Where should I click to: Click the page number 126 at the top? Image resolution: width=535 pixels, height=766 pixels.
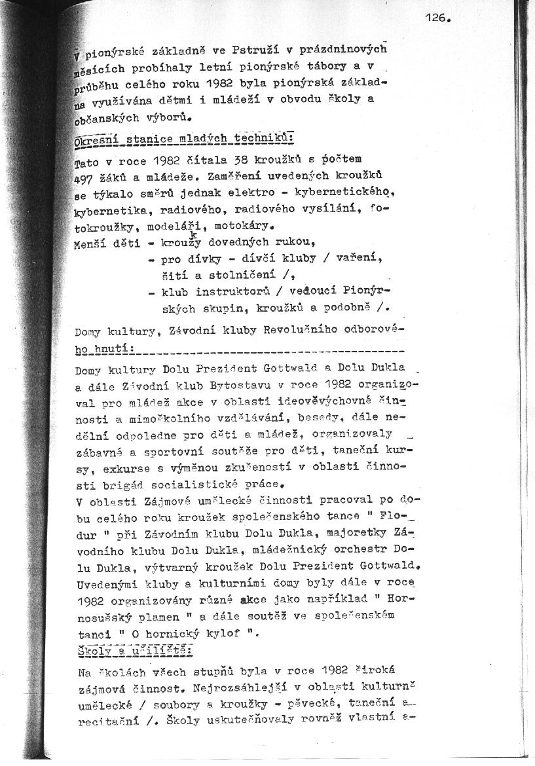(x=437, y=18)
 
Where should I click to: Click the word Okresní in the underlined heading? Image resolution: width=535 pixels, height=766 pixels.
(x=96, y=139)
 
